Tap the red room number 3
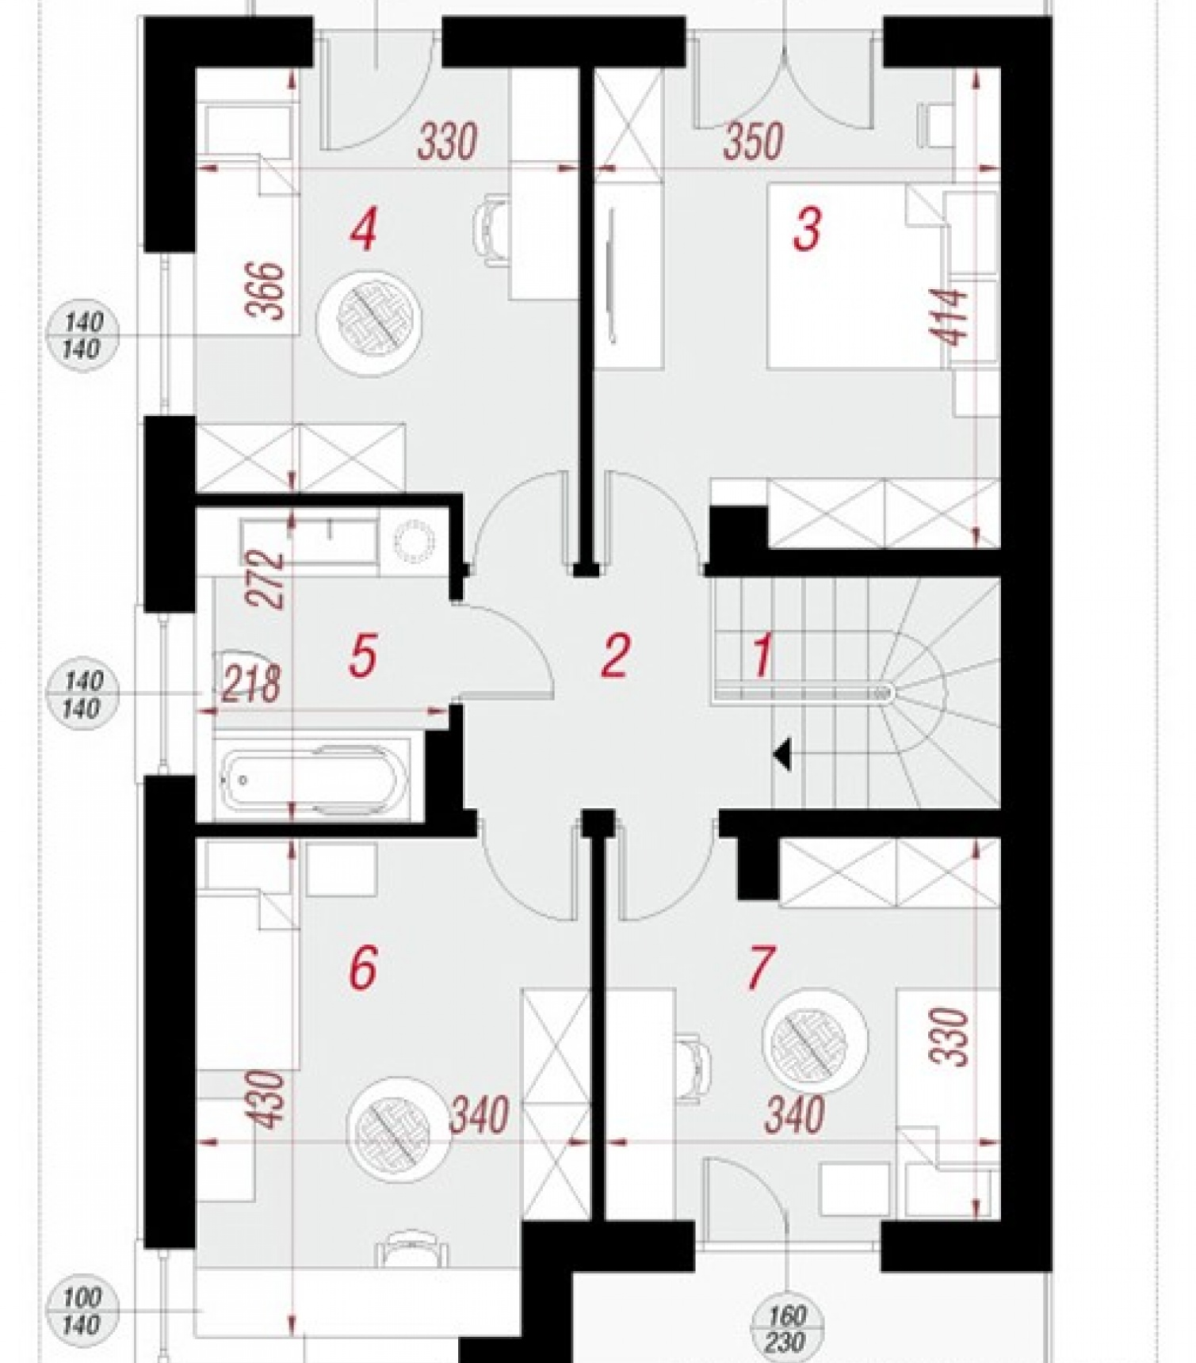pyautogui.click(x=807, y=230)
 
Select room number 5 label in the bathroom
pyautogui.click(x=362, y=656)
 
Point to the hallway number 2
pyautogui.click(x=615, y=655)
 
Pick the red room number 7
pyautogui.click(x=759, y=967)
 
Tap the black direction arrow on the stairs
pyautogui.click(x=782, y=754)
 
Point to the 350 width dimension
pyautogui.click(x=753, y=141)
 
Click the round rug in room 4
pyautogui.click(x=369, y=319)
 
